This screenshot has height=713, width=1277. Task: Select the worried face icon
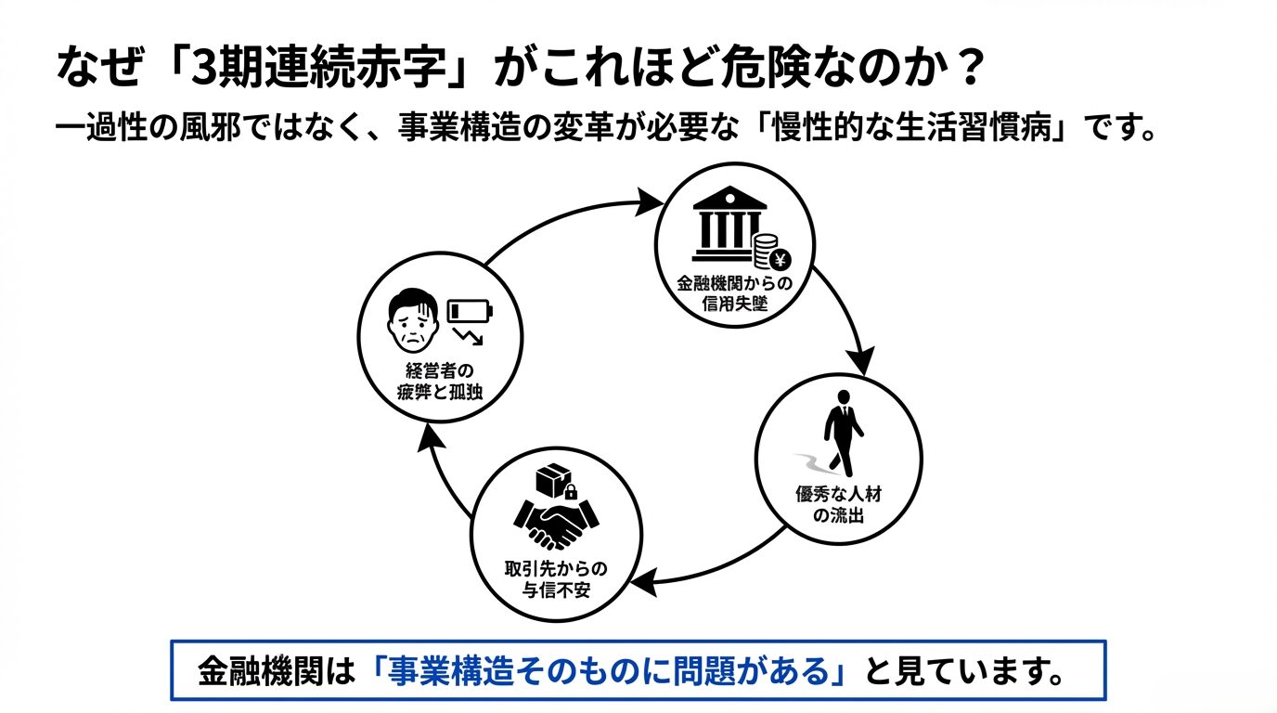click(412, 317)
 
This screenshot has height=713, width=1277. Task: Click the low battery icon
click(470, 311)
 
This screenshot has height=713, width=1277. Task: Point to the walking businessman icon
click(843, 433)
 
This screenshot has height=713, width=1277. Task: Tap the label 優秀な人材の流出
click(838, 502)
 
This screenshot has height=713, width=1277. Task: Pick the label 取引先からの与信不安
click(555, 578)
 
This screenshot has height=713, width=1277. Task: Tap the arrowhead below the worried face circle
click(428, 439)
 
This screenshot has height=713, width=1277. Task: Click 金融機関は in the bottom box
click(277, 669)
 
